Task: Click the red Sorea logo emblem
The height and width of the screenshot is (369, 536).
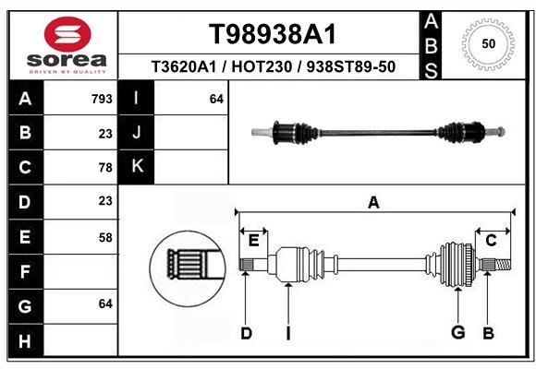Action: click(67, 34)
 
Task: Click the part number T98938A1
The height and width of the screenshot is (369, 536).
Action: click(273, 34)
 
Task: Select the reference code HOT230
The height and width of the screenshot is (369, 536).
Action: click(262, 67)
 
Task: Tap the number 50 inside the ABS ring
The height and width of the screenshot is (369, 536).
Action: click(489, 43)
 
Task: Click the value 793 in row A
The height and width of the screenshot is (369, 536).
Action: click(102, 99)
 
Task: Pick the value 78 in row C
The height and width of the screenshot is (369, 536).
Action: click(105, 168)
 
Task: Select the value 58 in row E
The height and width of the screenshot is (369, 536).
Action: click(105, 237)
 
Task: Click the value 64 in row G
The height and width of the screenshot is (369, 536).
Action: click(105, 304)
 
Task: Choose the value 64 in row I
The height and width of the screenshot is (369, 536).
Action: click(216, 99)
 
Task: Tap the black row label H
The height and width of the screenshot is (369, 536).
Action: click(26, 341)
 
